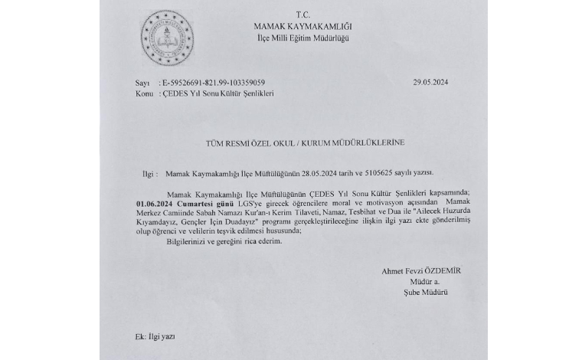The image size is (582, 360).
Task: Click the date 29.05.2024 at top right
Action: click(433, 82)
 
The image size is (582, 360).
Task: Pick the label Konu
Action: click(143, 93)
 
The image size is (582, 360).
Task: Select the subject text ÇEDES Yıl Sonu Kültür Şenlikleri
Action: click(218, 93)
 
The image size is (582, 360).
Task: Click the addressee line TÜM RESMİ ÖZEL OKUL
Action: click(305, 143)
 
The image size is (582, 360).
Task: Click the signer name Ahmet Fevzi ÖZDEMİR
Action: click(422, 270)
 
